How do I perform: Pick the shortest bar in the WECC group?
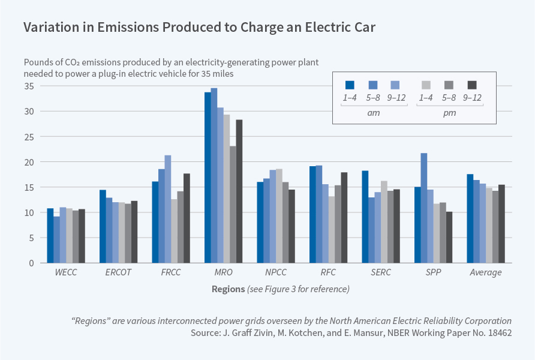point(56,239)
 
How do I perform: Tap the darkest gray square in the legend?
point(472,85)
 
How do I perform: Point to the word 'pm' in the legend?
point(450,112)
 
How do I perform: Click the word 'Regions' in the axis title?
point(228,289)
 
